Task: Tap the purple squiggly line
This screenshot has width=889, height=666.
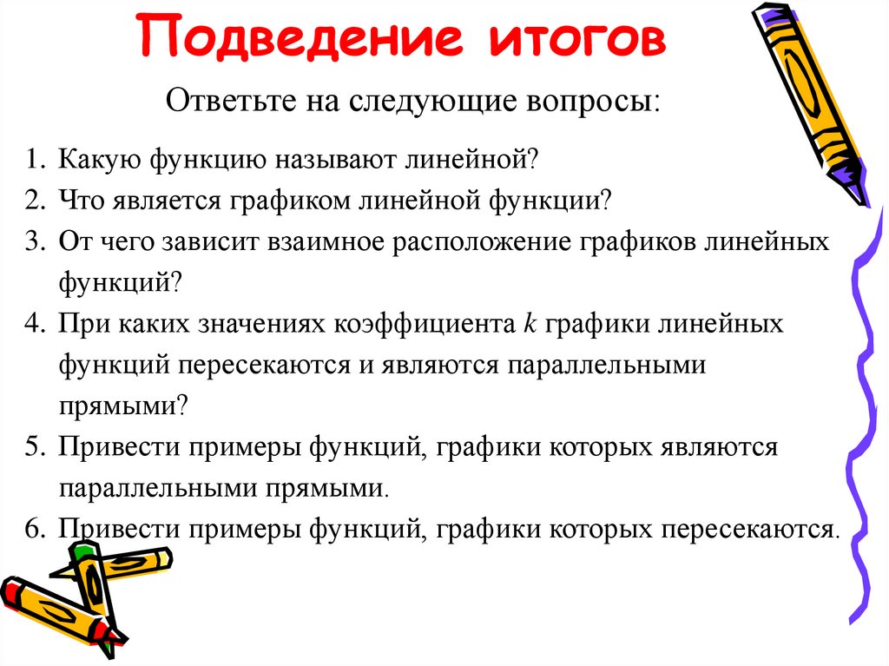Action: [x=860, y=391]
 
